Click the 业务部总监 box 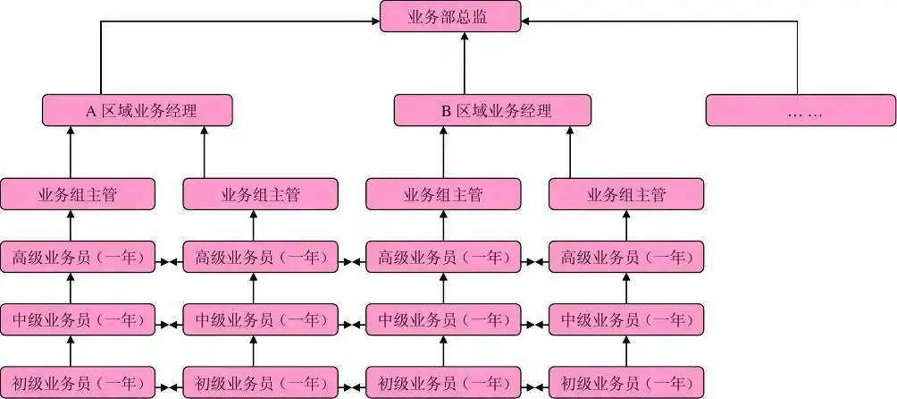[450, 17]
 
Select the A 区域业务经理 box [138, 111]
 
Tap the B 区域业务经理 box [492, 111]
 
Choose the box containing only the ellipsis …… [801, 111]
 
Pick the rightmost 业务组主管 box [625, 194]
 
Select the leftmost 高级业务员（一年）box [78, 258]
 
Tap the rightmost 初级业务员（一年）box [625, 384]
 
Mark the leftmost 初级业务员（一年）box [78, 384]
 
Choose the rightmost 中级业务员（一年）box [625, 318]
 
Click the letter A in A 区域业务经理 [90, 112]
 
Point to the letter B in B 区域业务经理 [446, 112]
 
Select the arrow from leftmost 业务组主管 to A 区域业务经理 [71, 152]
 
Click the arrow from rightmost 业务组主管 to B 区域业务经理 [569, 152]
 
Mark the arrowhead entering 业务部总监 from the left [374, 21]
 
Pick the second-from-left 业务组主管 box [260, 194]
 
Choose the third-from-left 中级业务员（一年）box [443, 318]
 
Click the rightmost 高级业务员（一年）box [625, 258]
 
